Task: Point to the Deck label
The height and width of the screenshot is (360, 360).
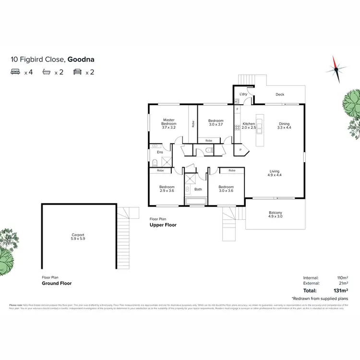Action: [280, 95]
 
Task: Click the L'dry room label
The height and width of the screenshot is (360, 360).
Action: [243, 94]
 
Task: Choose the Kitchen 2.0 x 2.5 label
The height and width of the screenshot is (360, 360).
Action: [249, 126]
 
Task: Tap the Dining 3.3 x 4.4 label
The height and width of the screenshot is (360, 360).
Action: [284, 126]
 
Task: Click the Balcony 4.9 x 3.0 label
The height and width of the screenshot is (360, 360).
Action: [276, 215]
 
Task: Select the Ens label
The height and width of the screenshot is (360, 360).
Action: [160, 152]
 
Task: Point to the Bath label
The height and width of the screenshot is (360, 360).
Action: [198, 189]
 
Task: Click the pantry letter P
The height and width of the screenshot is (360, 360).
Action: [240, 150]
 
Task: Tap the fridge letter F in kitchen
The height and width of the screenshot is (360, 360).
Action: [237, 109]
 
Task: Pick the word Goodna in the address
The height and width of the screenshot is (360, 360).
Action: [80, 60]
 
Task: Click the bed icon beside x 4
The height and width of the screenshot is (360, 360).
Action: [15, 72]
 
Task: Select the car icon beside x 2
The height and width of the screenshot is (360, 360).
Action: [77, 72]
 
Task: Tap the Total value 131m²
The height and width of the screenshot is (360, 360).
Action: [340, 290]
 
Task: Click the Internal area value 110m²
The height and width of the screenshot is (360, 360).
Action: [341, 278]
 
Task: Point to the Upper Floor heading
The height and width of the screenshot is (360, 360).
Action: [163, 225]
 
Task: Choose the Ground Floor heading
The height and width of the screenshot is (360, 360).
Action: [57, 283]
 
